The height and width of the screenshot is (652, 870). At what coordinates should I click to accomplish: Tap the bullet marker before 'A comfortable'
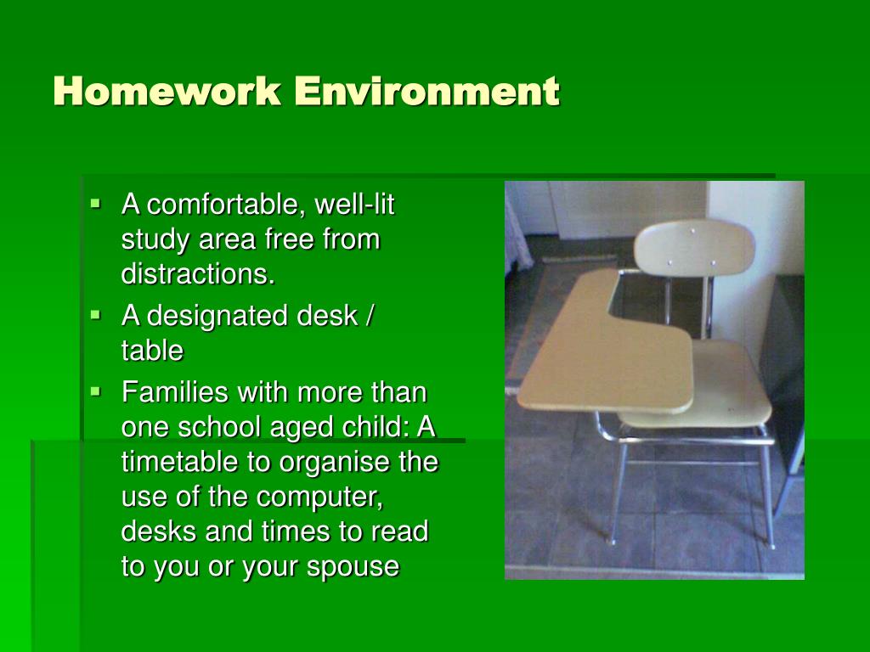[x=95, y=204]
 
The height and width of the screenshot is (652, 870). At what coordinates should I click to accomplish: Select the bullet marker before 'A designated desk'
[x=95, y=316]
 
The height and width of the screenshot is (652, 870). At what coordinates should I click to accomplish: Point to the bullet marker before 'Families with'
[x=95, y=392]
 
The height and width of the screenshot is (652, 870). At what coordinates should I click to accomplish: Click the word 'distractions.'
[x=198, y=273]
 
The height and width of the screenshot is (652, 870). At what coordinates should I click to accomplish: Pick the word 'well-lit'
[x=354, y=204]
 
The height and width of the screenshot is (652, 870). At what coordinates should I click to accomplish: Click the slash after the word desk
[x=369, y=316]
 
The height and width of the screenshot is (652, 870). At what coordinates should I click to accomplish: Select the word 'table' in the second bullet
[x=152, y=351]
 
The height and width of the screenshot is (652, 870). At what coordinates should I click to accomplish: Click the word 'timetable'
[x=180, y=461]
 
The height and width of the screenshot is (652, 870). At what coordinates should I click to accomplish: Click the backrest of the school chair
[x=694, y=247]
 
